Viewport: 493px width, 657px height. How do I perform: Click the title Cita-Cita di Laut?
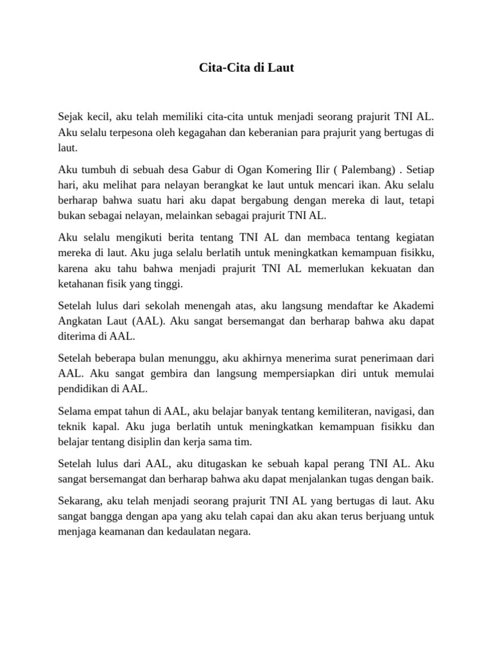(x=246, y=67)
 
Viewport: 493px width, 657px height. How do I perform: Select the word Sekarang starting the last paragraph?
(x=79, y=501)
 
